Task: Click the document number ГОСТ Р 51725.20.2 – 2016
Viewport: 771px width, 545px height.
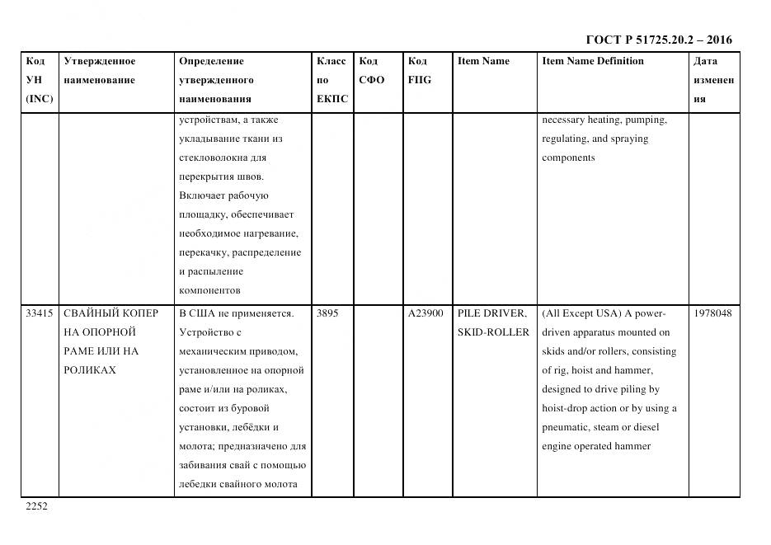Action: click(x=659, y=40)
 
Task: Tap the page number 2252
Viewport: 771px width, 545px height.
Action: click(x=37, y=506)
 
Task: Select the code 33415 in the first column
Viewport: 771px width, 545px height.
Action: click(x=40, y=313)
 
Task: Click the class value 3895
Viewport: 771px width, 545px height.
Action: click(x=327, y=313)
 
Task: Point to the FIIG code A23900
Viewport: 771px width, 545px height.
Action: click(x=425, y=313)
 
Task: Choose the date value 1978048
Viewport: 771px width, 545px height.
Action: click(x=712, y=313)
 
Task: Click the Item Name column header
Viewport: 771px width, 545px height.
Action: click(x=483, y=61)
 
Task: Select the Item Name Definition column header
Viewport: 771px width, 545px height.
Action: click(x=593, y=61)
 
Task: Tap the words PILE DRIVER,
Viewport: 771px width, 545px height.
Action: click(x=491, y=313)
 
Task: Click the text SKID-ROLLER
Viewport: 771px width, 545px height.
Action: click(x=492, y=332)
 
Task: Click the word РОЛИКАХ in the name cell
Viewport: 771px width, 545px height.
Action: click(x=90, y=370)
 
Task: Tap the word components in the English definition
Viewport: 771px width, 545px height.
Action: click(x=568, y=157)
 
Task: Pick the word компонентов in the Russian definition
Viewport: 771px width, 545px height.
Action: click(x=209, y=290)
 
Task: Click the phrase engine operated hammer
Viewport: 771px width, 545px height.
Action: click(x=596, y=446)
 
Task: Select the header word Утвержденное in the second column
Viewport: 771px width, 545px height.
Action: click(x=100, y=61)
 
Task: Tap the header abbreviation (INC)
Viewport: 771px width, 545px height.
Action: click(x=39, y=99)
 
